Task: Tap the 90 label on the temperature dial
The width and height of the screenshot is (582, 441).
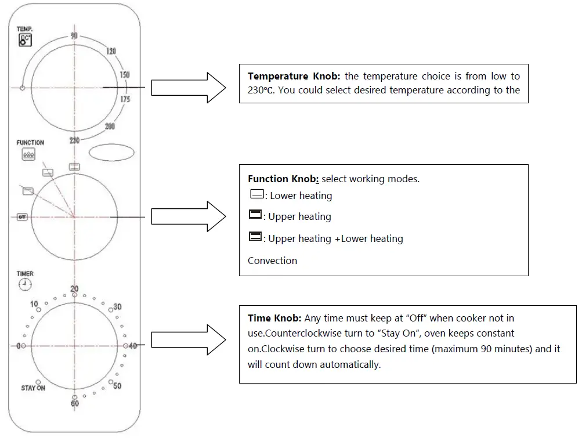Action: click(x=74, y=36)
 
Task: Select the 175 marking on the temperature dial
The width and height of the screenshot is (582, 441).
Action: click(x=125, y=100)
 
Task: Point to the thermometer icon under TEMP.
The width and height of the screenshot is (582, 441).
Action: click(x=25, y=41)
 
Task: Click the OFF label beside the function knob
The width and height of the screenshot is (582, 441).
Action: click(x=22, y=216)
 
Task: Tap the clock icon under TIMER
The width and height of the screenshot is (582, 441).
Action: click(x=25, y=284)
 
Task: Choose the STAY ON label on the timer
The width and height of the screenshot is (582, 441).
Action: click(x=33, y=388)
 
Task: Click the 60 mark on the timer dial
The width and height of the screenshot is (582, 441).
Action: click(x=75, y=403)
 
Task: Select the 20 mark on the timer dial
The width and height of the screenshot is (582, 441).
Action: click(x=74, y=289)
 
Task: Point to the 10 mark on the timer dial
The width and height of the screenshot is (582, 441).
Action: click(x=34, y=304)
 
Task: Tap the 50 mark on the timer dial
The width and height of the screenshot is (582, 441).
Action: click(x=117, y=386)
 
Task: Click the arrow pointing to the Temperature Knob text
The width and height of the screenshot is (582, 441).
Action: click(x=188, y=88)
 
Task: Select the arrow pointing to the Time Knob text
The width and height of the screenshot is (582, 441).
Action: click(x=188, y=339)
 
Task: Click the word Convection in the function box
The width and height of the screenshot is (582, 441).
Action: click(x=272, y=261)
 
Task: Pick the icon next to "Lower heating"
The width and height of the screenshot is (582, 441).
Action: click(x=255, y=194)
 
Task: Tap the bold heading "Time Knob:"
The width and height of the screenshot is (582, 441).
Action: click(x=274, y=318)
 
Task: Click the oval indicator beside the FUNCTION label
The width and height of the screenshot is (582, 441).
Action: click(x=111, y=152)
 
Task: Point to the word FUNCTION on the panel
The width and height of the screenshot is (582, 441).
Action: click(x=30, y=143)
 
